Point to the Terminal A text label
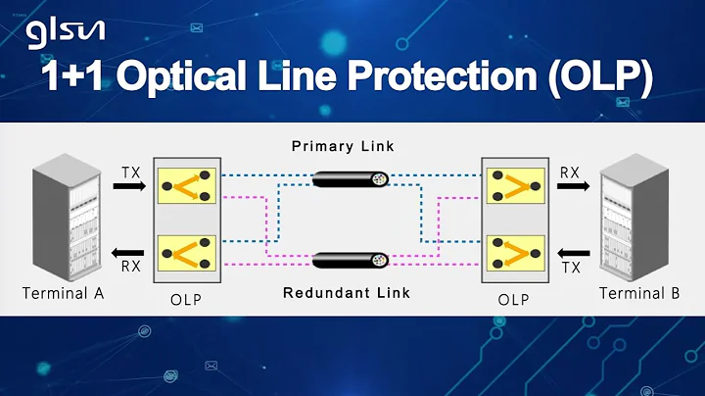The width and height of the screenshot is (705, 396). (64, 293)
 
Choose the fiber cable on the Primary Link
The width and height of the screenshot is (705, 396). (350, 179)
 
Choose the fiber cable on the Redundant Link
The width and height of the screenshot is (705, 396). (350, 261)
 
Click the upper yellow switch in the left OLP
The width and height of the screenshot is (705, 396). (190, 183)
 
